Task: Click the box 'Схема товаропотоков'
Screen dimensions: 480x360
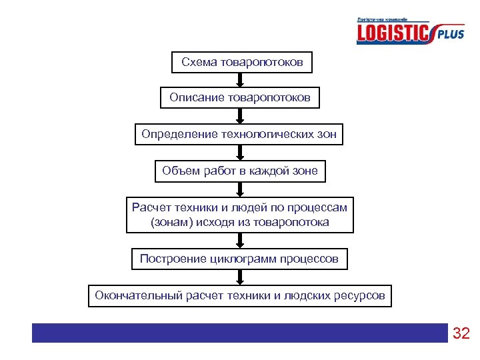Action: [x=242, y=63]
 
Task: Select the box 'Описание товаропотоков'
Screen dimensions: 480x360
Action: [x=240, y=99]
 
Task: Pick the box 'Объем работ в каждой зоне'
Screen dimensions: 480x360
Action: [x=240, y=171]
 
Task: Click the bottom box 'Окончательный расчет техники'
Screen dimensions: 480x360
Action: [x=240, y=295]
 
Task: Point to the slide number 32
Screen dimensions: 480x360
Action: [x=461, y=333]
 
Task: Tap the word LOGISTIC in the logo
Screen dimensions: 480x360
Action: [x=393, y=33]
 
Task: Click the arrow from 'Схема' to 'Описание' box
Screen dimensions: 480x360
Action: [x=240, y=80]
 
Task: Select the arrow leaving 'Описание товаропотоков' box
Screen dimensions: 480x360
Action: [x=240, y=116]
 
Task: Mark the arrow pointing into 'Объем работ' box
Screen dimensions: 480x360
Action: [x=240, y=152]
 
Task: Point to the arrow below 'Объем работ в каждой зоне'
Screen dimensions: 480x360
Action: [x=240, y=189]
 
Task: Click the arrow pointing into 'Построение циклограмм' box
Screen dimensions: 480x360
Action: [x=240, y=241]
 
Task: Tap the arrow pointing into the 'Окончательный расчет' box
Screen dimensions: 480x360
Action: [x=240, y=277]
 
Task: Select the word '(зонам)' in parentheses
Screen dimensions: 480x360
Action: [x=170, y=222]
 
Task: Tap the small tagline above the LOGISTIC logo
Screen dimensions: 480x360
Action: [x=383, y=20]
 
